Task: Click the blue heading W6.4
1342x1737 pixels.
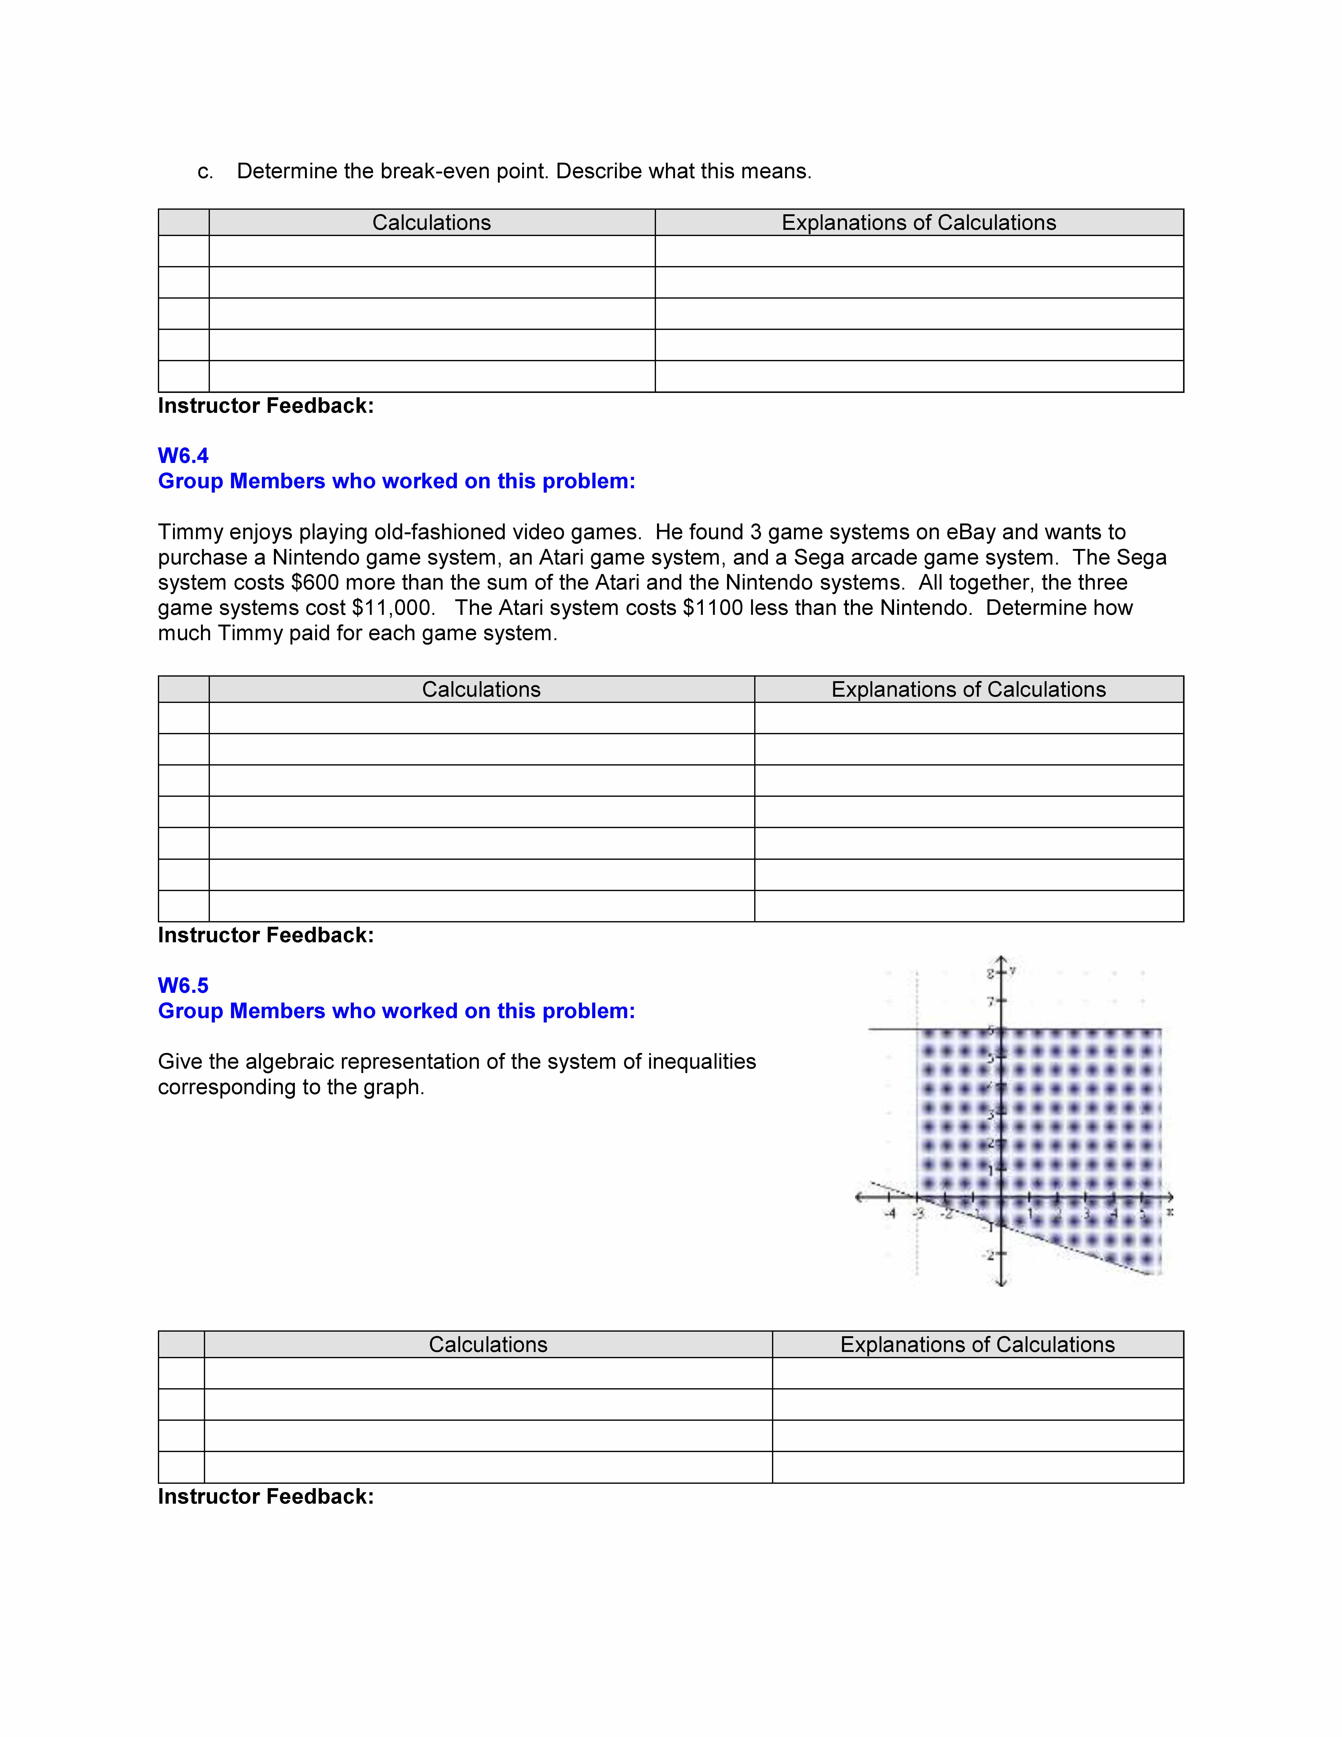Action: [x=183, y=456]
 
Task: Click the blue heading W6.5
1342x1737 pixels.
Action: [x=183, y=985]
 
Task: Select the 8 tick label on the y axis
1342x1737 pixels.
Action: [x=991, y=973]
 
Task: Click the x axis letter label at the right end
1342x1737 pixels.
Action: [x=1169, y=1211]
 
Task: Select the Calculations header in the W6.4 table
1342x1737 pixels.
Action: [x=481, y=689]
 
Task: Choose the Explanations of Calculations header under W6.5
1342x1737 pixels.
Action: [x=977, y=1345]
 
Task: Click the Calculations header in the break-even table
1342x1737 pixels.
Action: [x=432, y=223]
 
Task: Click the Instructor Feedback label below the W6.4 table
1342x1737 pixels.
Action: [x=266, y=935]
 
